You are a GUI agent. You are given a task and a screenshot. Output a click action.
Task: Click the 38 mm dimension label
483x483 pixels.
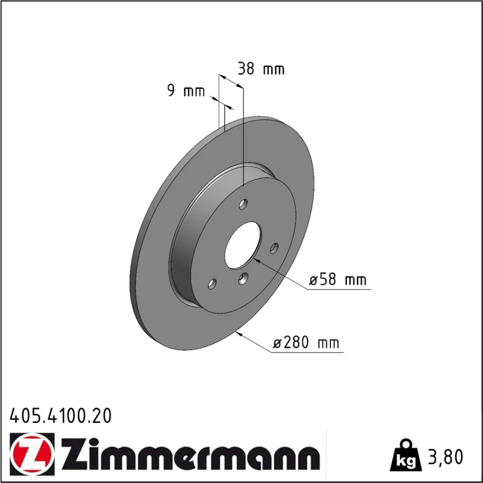(x=261, y=69)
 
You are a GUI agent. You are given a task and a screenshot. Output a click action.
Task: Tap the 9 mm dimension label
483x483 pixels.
(x=186, y=91)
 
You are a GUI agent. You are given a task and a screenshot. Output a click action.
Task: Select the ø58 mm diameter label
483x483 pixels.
(x=338, y=280)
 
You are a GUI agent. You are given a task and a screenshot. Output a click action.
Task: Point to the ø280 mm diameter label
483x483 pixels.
(x=307, y=342)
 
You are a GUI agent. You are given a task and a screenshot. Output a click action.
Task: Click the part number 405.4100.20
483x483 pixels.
(x=61, y=416)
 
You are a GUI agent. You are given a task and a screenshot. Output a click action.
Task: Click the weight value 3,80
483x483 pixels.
(x=445, y=457)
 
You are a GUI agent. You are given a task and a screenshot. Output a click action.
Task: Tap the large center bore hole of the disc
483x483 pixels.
(x=243, y=245)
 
